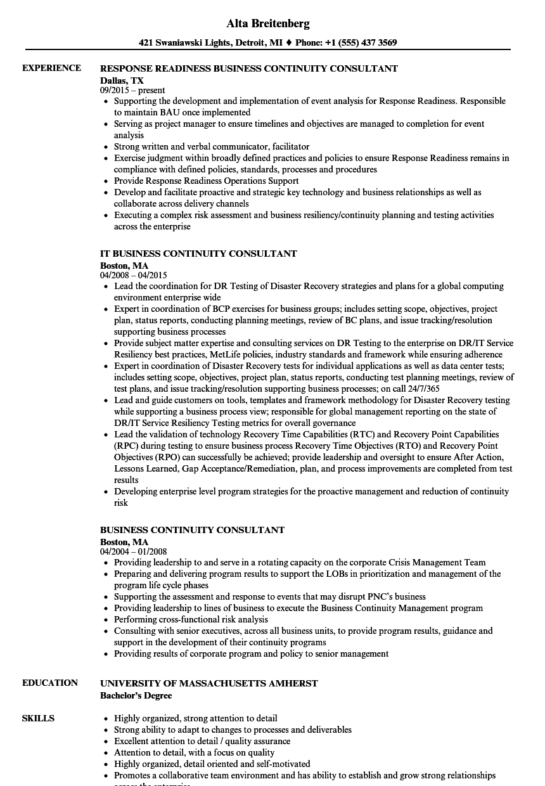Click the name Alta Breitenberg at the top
click(267, 24)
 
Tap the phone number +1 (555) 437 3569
click(361, 43)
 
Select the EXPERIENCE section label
click(51, 68)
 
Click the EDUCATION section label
click(50, 683)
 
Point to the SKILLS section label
click(38, 719)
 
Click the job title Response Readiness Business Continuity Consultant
click(249, 68)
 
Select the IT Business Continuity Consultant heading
click(198, 254)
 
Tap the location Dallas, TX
click(122, 81)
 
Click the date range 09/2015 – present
click(132, 91)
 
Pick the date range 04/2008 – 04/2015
click(133, 276)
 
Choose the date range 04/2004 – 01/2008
click(133, 552)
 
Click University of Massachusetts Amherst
click(209, 683)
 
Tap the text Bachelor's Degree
click(136, 695)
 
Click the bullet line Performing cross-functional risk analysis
click(191, 620)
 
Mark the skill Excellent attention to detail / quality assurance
click(202, 742)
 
